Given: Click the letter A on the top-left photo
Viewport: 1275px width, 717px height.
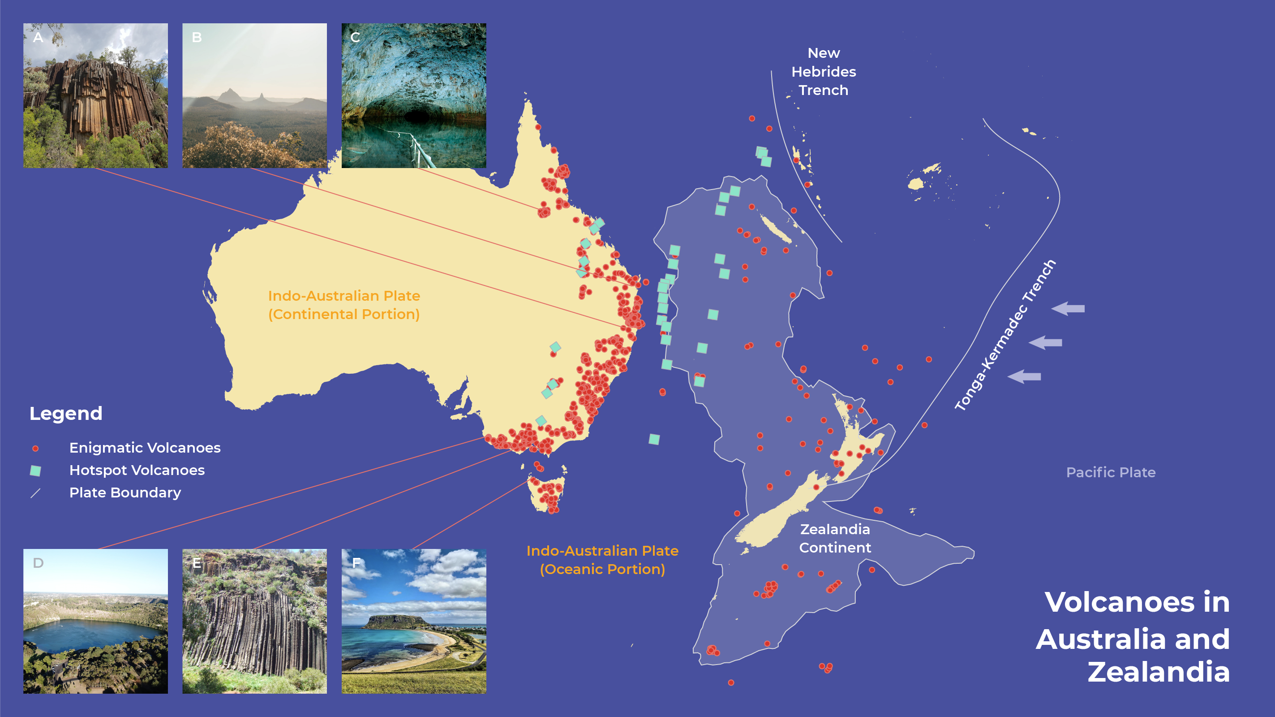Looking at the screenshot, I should tap(38, 38).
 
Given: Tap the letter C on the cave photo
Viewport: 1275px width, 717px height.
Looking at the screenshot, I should tap(355, 38).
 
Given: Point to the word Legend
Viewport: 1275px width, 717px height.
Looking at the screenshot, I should tap(66, 414).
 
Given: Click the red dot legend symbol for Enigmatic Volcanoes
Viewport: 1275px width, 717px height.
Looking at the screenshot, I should tap(35, 449).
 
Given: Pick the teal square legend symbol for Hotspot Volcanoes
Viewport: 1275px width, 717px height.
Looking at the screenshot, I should tap(35, 471).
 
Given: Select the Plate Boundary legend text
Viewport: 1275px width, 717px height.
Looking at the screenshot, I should tap(125, 492).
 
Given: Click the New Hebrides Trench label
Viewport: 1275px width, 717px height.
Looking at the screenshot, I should tap(824, 72).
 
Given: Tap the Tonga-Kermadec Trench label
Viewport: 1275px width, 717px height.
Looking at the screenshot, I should tap(1005, 335).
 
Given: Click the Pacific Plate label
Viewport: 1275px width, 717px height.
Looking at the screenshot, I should tap(1110, 472).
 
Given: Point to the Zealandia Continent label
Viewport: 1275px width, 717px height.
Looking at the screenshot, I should tap(835, 538).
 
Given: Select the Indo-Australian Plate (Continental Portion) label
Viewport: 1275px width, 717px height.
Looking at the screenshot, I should tap(344, 305).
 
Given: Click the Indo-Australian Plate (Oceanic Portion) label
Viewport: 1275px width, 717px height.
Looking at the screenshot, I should tap(602, 560).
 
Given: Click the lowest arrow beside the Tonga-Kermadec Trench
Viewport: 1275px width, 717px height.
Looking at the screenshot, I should tap(1024, 377).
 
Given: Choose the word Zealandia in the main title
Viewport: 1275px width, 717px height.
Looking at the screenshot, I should tap(1158, 672).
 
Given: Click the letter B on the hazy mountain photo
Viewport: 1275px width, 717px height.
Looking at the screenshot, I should tap(197, 38).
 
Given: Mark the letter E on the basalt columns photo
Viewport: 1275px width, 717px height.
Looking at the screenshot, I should tap(197, 563).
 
